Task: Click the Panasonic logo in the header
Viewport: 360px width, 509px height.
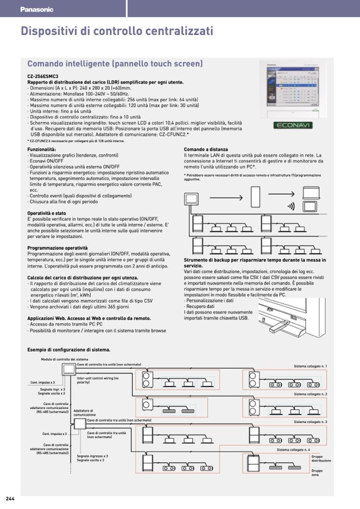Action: tap(37, 9)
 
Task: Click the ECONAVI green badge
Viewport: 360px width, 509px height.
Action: tap(293, 125)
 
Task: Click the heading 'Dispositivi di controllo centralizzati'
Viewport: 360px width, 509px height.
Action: tap(117, 31)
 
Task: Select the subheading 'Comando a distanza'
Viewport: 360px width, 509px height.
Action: tap(205, 150)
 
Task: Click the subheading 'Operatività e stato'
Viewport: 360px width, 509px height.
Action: tap(47, 213)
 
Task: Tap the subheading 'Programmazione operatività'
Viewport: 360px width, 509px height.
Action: tap(57, 248)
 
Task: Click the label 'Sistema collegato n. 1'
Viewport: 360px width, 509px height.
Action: tap(311, 366)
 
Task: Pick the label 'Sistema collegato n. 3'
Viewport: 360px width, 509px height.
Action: tap(311, 421)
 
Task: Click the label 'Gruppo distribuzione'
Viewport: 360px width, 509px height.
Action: tap(321, 459)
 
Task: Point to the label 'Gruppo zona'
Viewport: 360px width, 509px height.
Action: tap(317, 472)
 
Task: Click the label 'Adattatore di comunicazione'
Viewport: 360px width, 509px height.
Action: tap(84, 412)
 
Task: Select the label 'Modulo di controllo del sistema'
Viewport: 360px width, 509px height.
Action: tap(64, 359)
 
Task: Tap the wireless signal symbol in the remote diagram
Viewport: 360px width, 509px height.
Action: tap(291, 206)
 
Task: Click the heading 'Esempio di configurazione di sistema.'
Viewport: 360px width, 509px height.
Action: tap(68, 350)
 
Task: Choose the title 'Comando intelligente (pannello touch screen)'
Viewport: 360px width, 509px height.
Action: tap(115, 64)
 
